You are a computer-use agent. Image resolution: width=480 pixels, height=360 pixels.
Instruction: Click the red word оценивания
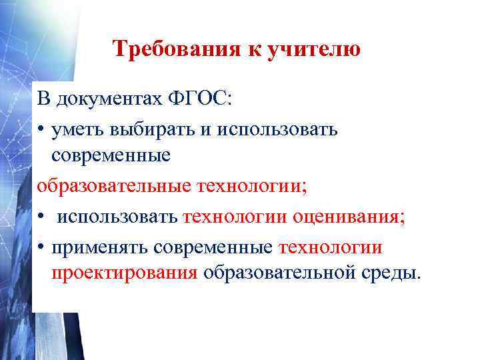coord(351,216)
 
